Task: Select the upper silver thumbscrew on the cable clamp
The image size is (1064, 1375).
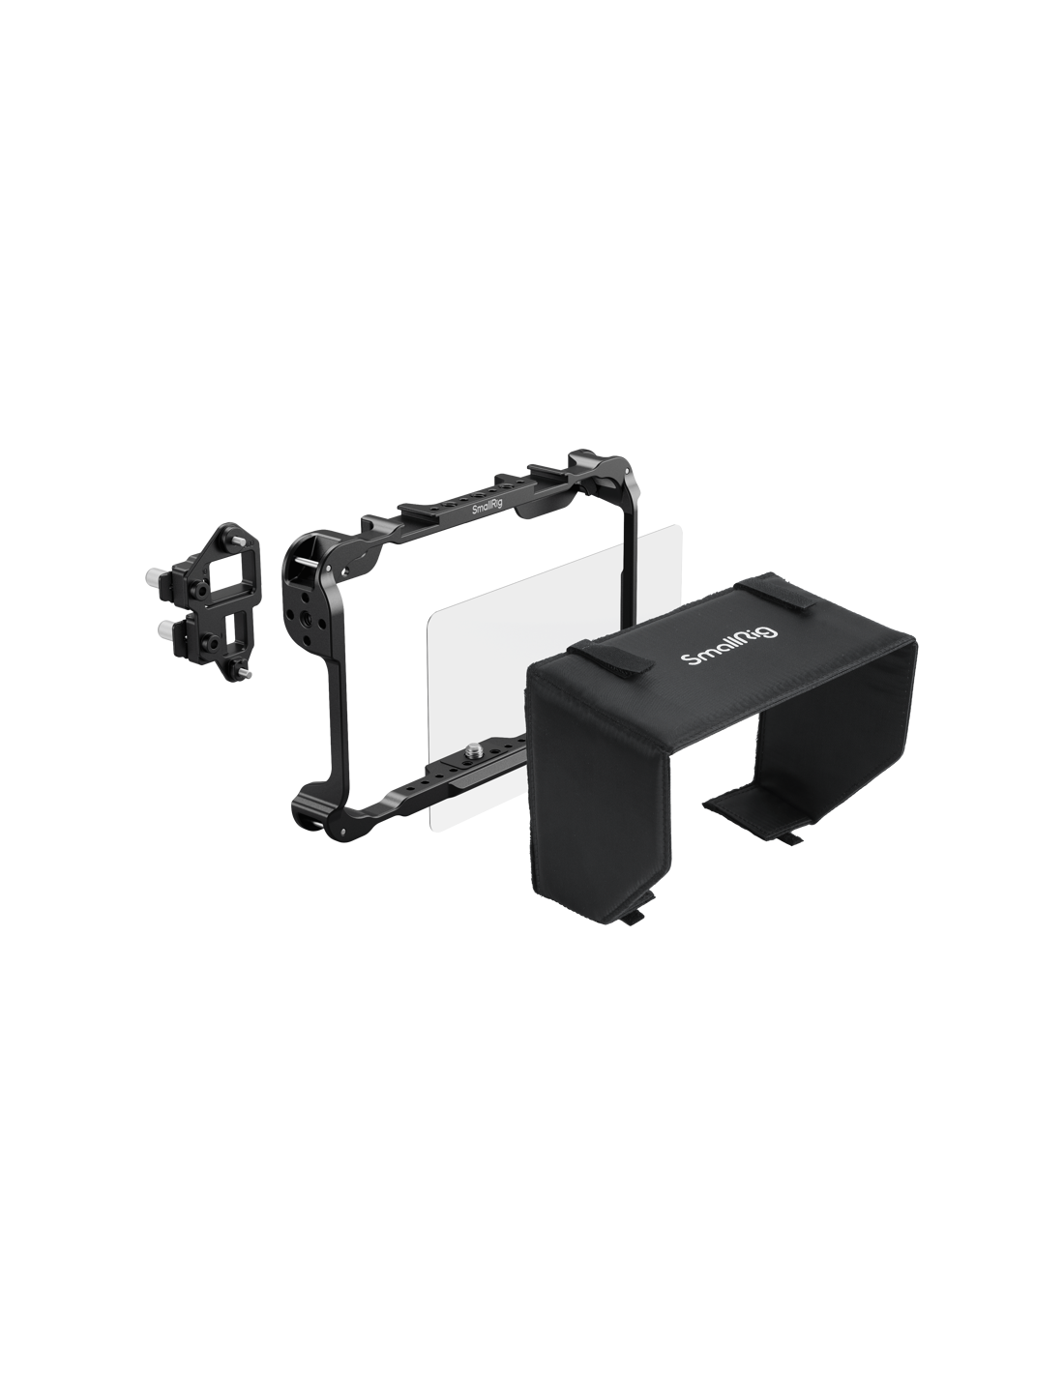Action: (153, 576)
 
